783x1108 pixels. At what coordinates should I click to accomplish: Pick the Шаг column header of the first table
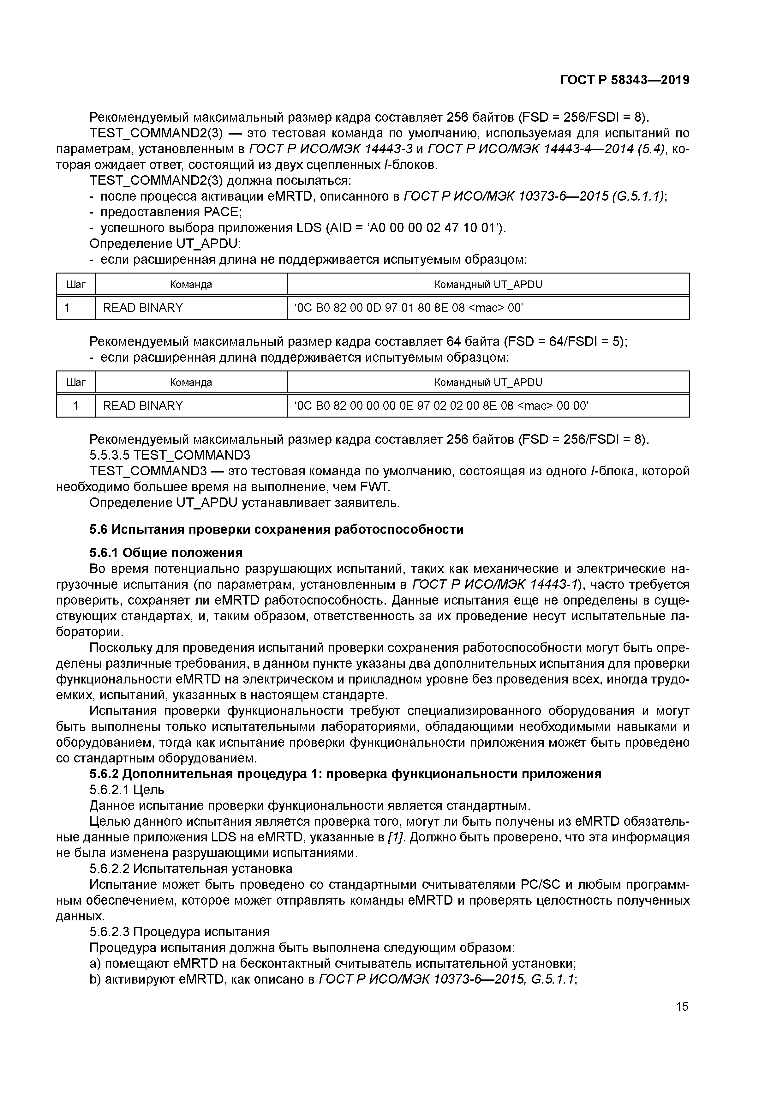[76, 284]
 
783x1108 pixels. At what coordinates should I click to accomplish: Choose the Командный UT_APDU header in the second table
[488, 383]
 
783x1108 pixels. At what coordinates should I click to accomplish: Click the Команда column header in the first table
[191, 284]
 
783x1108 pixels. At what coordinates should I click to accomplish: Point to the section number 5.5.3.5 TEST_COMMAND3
[170, 455]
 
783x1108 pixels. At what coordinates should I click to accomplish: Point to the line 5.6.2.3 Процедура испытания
[179, 932]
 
